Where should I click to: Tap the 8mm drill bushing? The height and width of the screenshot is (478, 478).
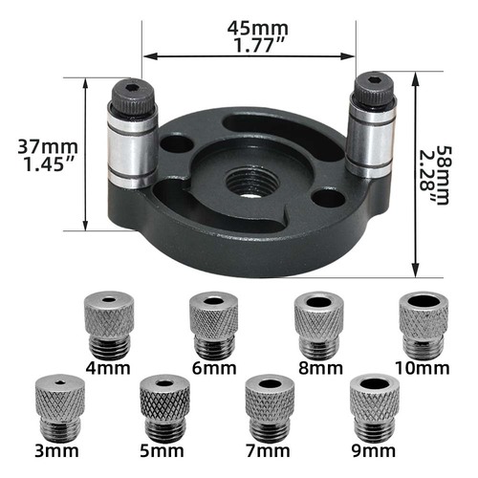tap(315, 321)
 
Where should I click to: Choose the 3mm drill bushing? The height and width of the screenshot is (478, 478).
tap(57, 403)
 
